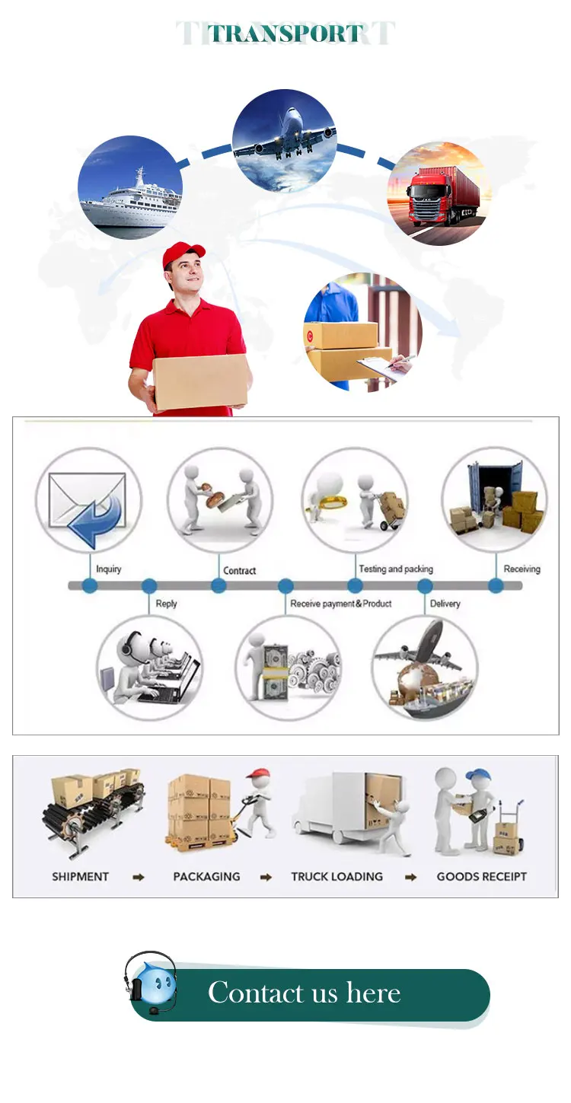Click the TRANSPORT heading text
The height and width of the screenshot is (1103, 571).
[x=285, y=33]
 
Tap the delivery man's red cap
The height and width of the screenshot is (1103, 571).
[x=183, y=254]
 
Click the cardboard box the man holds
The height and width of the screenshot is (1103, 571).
[x=200, y=381]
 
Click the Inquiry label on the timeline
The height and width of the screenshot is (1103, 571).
[x=108, y=569]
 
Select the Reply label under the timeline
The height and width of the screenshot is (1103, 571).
[x=166, y=604]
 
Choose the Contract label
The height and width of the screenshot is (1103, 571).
[x=239, y=570]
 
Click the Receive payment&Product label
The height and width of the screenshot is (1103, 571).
[x=340, y=604]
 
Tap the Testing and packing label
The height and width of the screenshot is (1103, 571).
[x=395, y=569]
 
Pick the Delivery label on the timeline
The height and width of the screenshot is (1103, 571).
[x=445, y=604]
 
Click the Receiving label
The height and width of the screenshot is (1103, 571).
[x=522, y=569]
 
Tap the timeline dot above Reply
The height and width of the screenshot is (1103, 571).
[x=149, y=586]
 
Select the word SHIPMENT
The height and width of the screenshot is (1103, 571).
[x=80, y=876]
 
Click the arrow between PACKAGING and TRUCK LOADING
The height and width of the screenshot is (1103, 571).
[x=266, y=877]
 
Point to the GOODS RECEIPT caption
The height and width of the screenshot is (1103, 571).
[x=481, y=876]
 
